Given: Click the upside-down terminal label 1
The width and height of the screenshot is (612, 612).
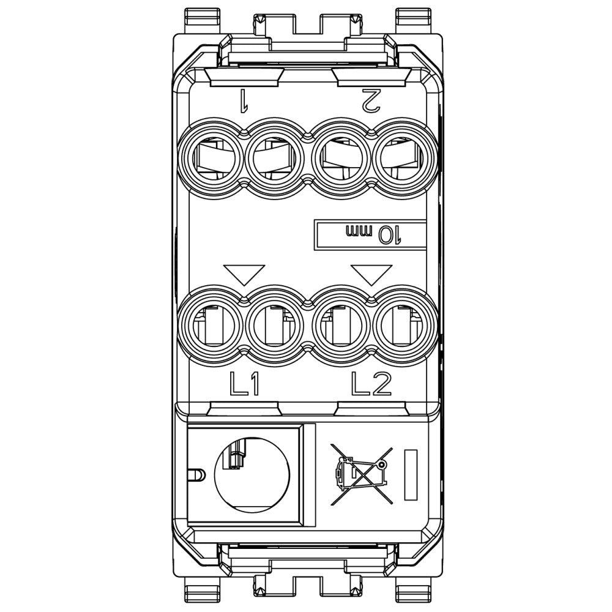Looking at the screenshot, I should point(243,99).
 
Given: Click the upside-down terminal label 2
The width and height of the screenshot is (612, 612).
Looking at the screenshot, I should point(370,100).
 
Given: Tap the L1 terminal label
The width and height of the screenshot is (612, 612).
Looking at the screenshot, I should point(244,384).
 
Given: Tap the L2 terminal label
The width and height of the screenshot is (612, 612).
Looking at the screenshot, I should point(371,384).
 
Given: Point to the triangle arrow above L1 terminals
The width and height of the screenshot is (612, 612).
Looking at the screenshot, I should point(244,274).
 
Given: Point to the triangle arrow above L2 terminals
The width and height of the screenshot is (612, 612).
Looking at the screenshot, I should point(371,274).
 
